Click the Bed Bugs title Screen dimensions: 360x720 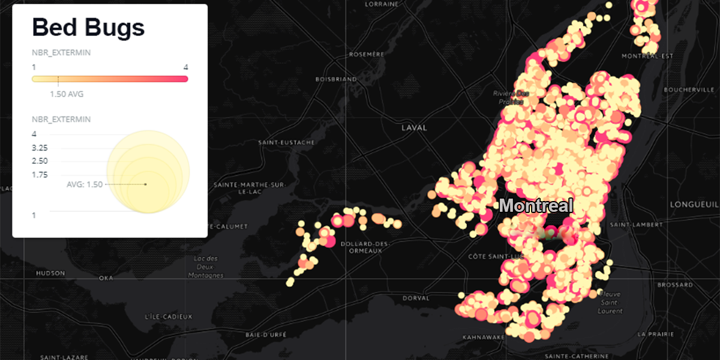[88, 28]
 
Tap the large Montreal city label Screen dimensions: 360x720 [536, 206]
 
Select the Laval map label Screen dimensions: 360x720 [414, 128]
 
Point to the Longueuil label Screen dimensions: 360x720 [694, 204]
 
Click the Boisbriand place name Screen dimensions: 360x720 [336, 79]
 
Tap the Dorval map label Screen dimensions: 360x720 [417, 298]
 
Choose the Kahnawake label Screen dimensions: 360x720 [483, 337]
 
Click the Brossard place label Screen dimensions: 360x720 [674, 284]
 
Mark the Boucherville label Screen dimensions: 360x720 [689, 90]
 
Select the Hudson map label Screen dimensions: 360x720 [50, 273]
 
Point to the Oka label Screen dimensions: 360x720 [106, 278]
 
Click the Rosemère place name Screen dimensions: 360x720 [366, 54]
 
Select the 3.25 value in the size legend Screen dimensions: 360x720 [40, 148]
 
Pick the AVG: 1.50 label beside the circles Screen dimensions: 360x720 [85, 184]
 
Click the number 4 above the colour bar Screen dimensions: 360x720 [186, 67]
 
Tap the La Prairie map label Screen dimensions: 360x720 [654, 334]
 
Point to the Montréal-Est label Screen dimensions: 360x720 [647, 56]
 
